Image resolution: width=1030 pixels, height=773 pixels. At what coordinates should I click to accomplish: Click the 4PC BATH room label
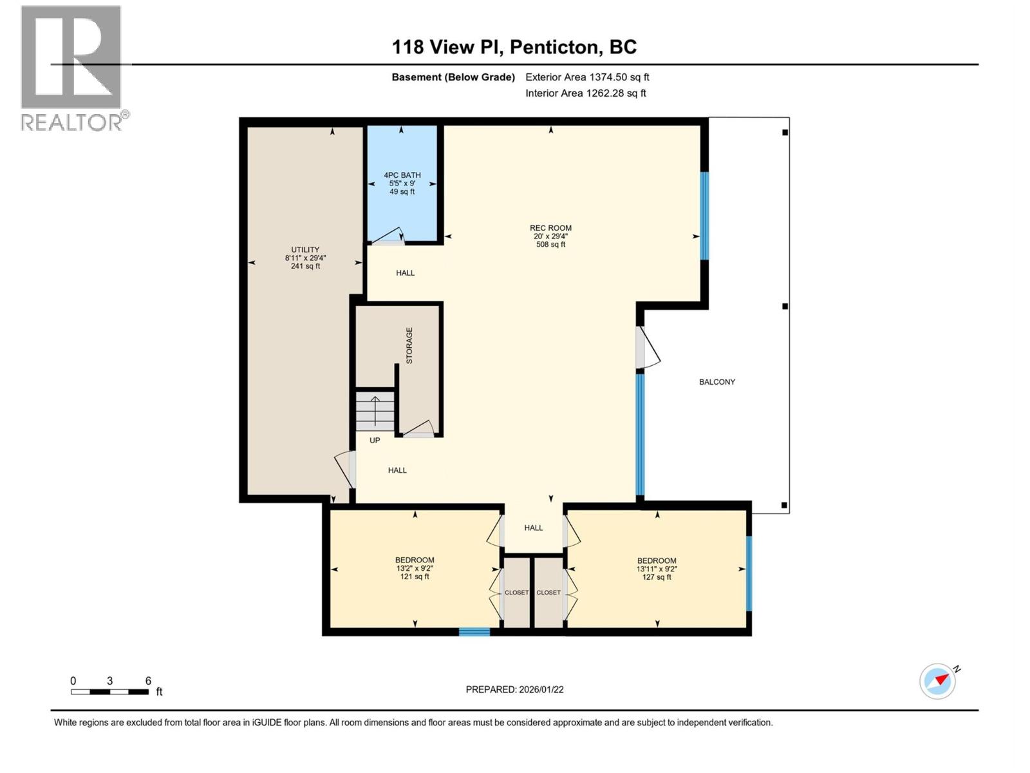coord(402,183)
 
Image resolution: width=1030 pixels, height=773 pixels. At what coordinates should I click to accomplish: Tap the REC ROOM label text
coord(550,236)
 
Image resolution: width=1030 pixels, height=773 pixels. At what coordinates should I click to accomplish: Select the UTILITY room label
coord(305,258)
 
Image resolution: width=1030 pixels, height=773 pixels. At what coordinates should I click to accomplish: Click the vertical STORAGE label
coord(409,345)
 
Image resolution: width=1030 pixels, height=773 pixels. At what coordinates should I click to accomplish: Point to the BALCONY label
coord(716,382)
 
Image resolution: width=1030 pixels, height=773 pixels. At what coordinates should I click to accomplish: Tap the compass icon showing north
coord(938,681)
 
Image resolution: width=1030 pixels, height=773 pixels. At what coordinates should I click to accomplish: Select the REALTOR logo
coord(72,68)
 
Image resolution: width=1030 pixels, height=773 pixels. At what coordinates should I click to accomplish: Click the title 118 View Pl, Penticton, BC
coord(514,47)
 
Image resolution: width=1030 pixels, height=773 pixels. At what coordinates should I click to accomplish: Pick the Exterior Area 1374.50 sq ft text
coord(587,77)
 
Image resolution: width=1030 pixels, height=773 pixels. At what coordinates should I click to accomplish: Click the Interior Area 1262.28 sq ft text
coord(585,93)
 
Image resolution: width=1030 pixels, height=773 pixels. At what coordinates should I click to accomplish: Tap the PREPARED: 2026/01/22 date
coord(514,689)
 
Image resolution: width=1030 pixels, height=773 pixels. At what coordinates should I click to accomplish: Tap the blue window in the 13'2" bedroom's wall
coord(474,632)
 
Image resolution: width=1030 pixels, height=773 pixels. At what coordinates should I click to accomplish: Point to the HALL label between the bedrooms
coord(533,528)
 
